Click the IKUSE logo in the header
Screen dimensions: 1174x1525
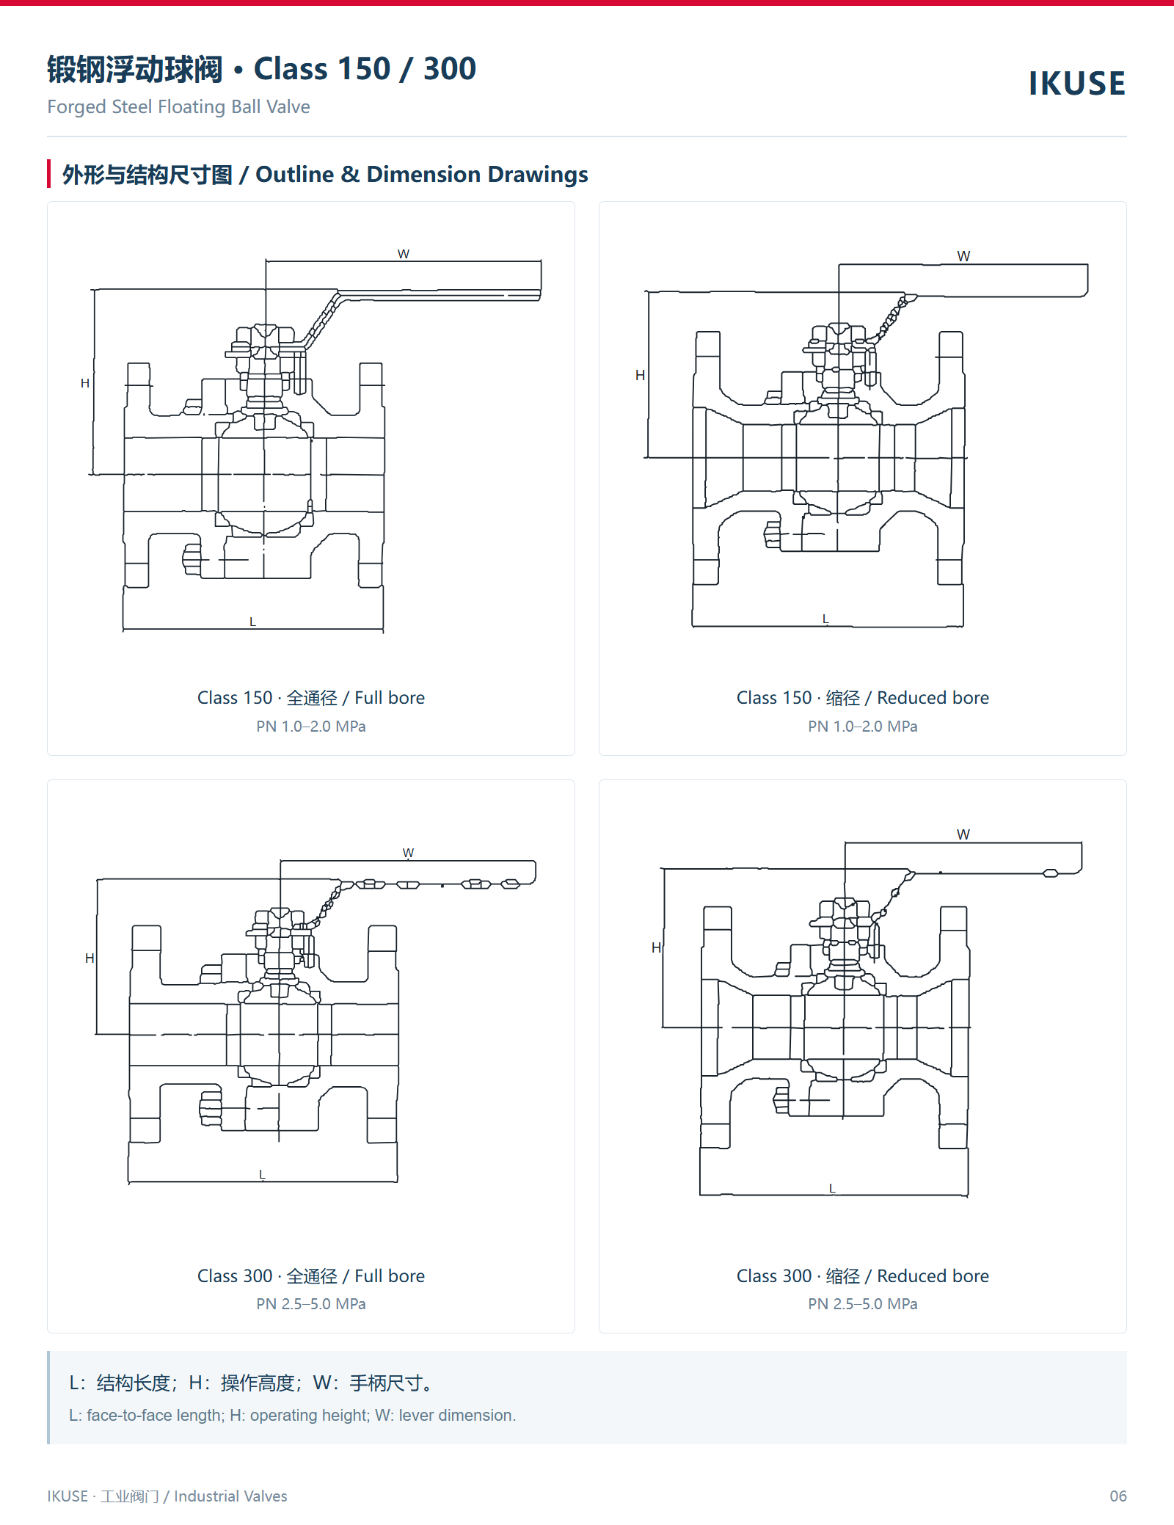(x=1076, y=84)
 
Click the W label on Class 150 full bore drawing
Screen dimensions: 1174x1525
(x=404, y=254)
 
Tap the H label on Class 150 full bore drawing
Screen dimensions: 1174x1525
(x=85, y=383)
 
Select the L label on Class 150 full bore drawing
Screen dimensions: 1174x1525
(x=252, y=622)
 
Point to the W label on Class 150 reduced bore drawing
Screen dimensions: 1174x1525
(x=963, y=256)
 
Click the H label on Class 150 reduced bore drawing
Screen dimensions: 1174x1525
(x=640, y=375)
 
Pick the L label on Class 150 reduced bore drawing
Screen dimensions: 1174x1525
(x=825, y=619)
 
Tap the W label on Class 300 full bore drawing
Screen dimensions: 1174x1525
(x=409, y=853)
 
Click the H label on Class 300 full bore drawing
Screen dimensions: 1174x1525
(x=90, y=958)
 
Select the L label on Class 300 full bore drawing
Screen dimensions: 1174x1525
(x=262, y=1174)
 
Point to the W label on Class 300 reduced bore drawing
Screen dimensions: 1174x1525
(x=963, y=834)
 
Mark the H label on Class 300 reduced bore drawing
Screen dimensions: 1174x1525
(x=656, y=947)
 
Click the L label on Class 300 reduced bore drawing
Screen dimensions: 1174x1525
(x=832, y=1187)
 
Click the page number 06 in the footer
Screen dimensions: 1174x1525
(x=1118, y=1496)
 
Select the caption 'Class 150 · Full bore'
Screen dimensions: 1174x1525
(x=311, y=698)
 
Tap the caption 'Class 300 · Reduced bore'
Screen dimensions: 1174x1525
(x=863, y=1276)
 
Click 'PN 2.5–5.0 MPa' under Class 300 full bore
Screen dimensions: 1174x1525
(x=311, y=1304)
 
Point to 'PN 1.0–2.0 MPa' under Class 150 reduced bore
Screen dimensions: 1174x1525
(x=863, y=727)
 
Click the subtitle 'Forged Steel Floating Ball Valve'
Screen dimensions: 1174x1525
(x=178, y=107)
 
